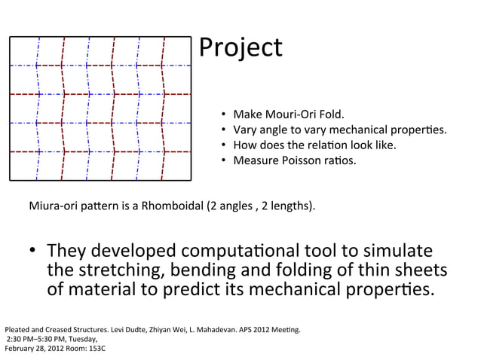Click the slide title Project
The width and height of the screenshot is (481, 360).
click(240, 48)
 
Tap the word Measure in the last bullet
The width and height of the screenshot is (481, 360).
click(256, 160)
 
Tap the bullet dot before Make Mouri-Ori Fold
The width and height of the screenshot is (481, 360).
click(224, 115)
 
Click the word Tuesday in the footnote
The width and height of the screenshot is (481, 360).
click(90, 340)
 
